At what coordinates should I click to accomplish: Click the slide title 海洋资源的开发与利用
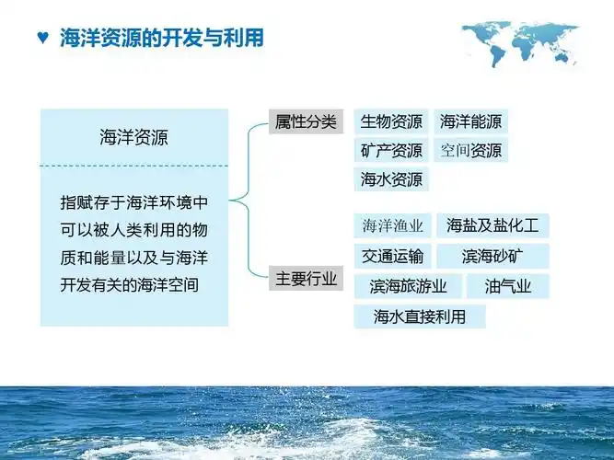[161, 38]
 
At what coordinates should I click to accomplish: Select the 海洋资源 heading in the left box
[134, 138]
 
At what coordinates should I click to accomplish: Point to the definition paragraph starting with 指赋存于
[134, 243]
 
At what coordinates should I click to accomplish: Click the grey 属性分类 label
[306, 121]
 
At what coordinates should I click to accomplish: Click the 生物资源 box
[391, 121]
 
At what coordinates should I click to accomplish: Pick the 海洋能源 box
[470, 121]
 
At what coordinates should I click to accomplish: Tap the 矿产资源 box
[391, 150]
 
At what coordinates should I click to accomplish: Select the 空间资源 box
[470, 150]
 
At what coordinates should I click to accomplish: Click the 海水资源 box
[391, 179]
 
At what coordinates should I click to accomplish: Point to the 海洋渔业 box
[392, 225]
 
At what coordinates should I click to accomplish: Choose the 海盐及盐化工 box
[492, 225]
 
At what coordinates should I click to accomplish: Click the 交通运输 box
[392, 256]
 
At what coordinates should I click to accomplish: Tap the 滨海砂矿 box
[492, 256]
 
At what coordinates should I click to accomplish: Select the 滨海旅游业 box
[408, 286]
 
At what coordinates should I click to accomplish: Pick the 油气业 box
[508, 286]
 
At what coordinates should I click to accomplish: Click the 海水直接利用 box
[420, 316]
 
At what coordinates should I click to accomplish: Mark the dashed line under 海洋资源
[134, 167]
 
